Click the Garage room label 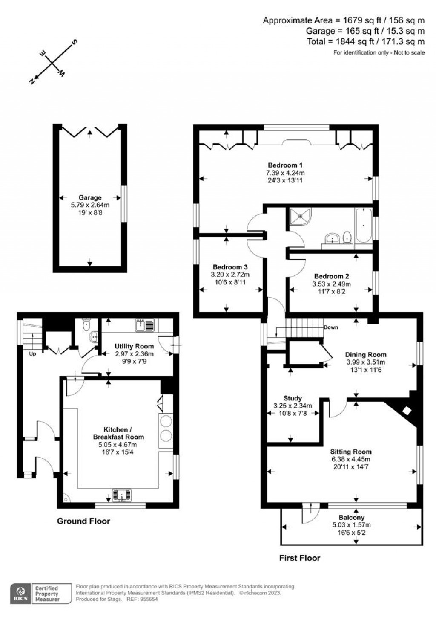pos(90,197)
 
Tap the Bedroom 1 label pos(285,165)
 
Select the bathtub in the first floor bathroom pos(363,225)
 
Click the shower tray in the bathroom pos(301,217)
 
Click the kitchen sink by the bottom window pos(122,495)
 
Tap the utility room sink pos(145,325)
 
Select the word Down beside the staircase pos(331,327)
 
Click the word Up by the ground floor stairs pos(32,354)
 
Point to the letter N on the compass pos(32,81)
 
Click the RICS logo pos(20,593)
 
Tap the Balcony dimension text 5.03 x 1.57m pos(351,525)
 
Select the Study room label pos(292,398)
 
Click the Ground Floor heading pos(83,521)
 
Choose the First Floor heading pos(299,558)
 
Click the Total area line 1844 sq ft pos(366,41)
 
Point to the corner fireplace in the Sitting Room pos(407,410)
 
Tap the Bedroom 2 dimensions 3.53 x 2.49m pos(331,284)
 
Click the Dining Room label pos(365,354)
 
